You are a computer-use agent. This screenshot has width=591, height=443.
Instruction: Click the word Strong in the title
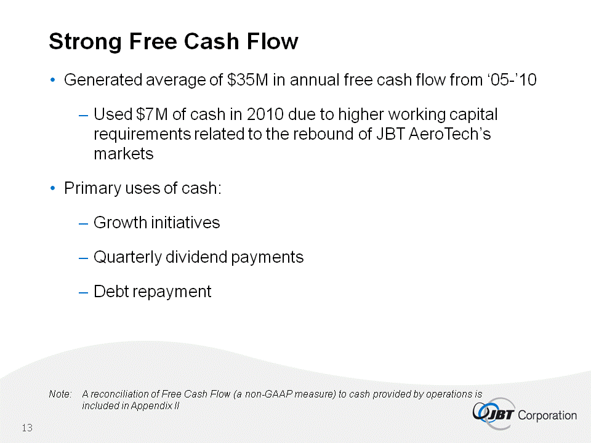[x=86, y=42]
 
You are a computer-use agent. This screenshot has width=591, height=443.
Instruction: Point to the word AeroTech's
[x=449, y=134]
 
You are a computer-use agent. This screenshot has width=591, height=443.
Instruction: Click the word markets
[x=124, y=154]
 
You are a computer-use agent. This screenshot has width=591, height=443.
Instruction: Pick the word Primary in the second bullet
[x=92, y=188]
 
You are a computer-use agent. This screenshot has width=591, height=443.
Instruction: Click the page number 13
[x=27, y=428]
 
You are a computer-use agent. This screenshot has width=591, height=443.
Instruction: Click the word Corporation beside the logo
[x=547, y=415]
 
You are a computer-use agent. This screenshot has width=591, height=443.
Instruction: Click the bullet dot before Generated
[x=53, y=80]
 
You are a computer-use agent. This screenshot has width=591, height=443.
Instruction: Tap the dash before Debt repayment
[x=83, y=292]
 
